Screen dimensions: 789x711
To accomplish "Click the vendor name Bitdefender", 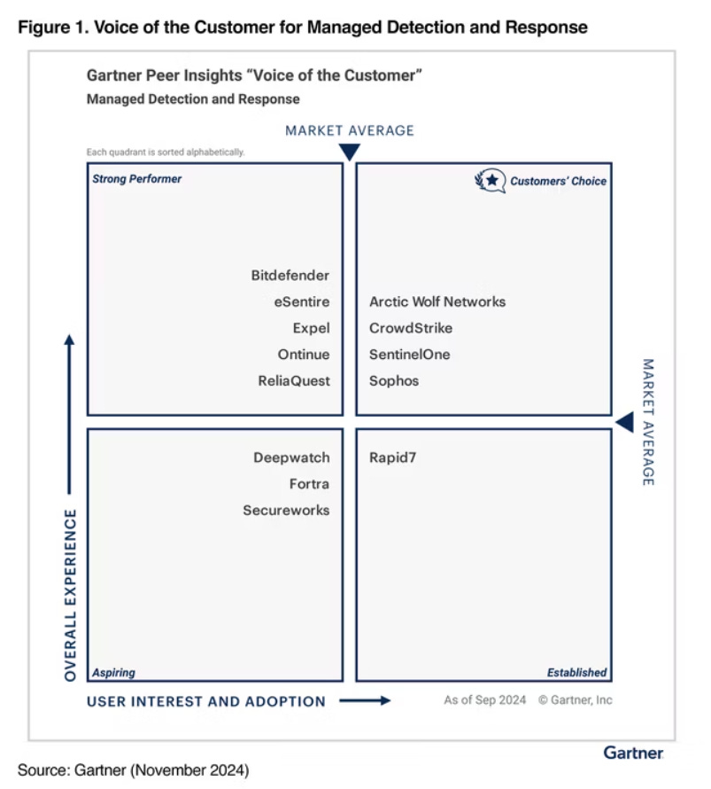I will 290,276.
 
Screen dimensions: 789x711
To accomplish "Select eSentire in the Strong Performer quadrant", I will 301,302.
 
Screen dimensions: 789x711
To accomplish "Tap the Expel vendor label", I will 311,329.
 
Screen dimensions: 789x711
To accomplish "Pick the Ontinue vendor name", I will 303,355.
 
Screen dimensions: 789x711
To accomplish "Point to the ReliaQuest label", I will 293,381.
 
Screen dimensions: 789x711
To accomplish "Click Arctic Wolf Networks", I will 437,302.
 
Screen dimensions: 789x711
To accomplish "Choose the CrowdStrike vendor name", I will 411,329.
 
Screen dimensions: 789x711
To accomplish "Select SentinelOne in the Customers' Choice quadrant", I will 409,355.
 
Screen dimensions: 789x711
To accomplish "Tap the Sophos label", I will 394,381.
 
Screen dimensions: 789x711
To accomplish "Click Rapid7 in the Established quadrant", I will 394,458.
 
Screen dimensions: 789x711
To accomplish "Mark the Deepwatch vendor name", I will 291,458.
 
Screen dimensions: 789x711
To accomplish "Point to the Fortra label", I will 309,484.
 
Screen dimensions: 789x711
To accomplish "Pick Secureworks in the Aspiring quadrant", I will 286,511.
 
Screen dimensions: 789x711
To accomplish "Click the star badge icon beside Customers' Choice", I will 490,181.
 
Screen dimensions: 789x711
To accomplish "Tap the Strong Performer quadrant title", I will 137,179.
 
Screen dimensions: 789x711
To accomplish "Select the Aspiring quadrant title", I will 114,673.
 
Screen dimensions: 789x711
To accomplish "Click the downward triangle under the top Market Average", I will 350,152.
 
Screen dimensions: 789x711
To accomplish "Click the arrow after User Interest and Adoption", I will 365,701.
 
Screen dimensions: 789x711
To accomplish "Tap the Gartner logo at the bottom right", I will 633,753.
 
